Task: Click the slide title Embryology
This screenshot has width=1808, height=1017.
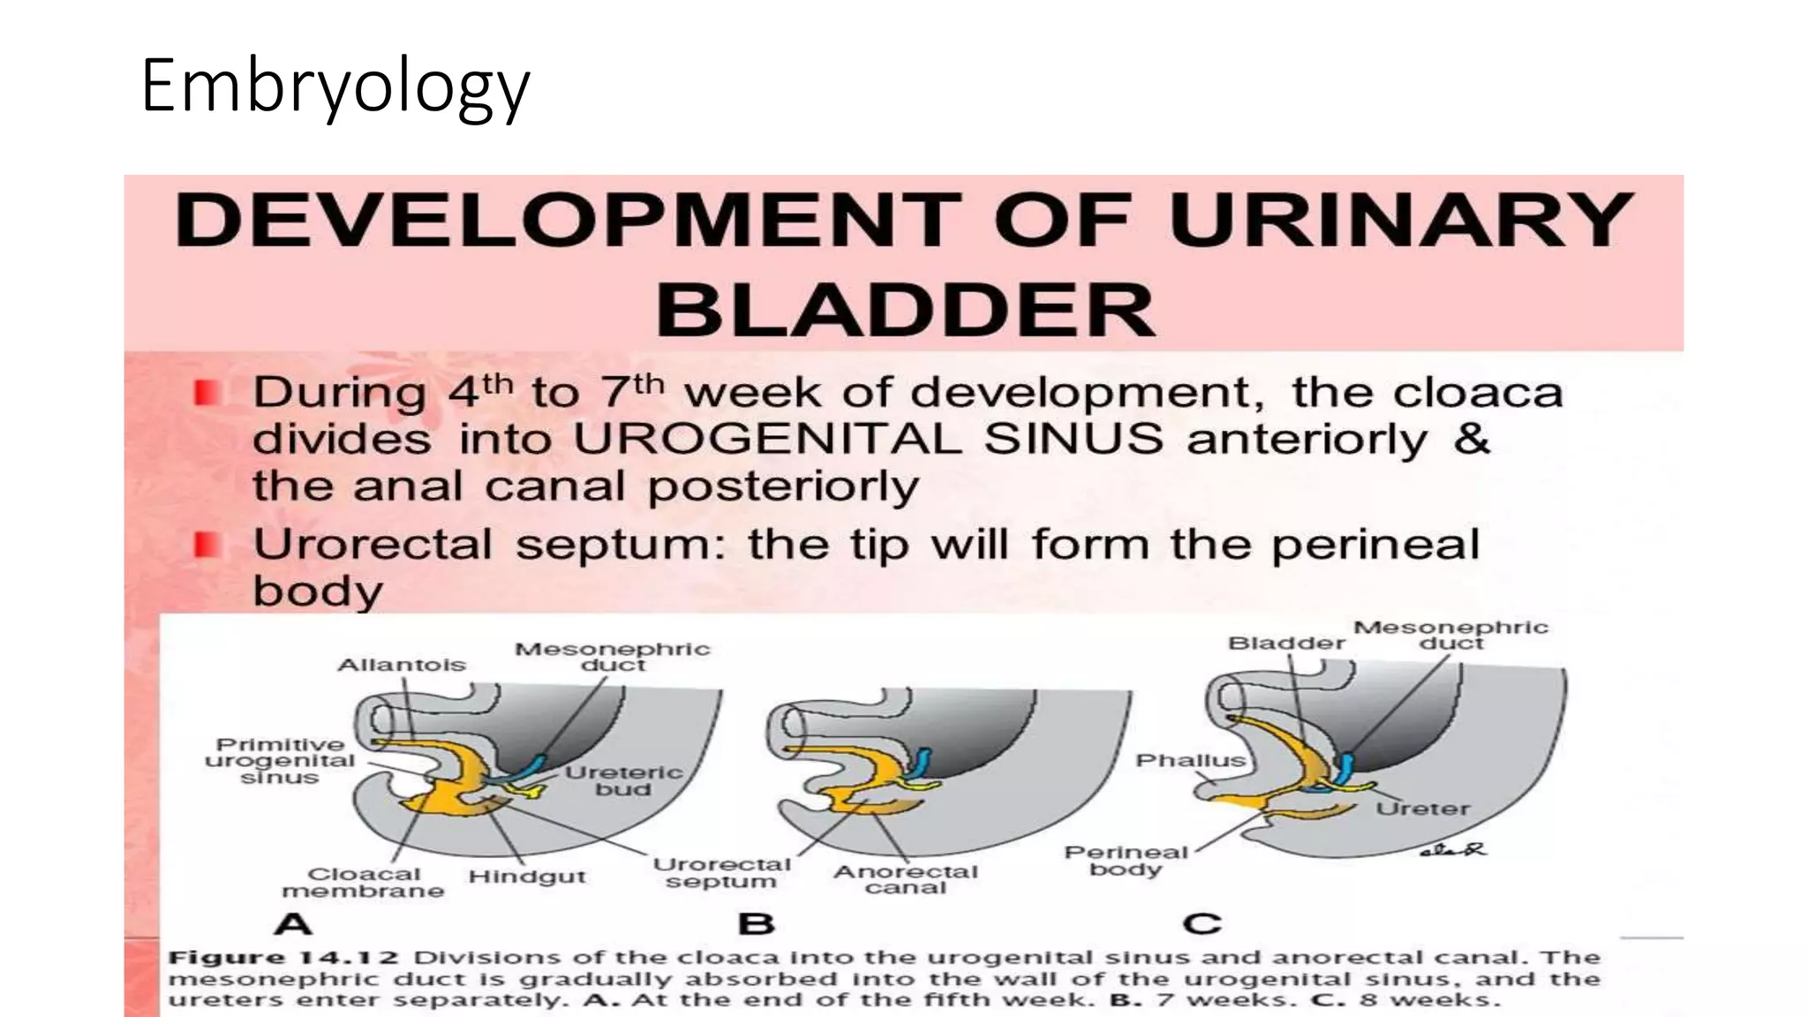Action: [x=335, y=86]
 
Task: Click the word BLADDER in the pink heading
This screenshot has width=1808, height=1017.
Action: [x=904, y=310]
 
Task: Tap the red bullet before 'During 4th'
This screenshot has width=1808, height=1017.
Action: [x=207, y=393]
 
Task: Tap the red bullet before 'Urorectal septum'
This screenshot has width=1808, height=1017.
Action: [x=207, y=545]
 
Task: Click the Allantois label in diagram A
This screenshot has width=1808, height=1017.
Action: [x=402, y=665]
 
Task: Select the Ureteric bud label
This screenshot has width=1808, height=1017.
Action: [x=623, y=780]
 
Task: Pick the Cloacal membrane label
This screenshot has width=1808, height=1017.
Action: [x=363, y=882]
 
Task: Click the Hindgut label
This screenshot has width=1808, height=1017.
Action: [x=527, y=877]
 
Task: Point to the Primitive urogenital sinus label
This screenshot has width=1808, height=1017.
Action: [x=279, y=761]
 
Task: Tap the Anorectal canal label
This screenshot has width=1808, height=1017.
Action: [x=906, y=879]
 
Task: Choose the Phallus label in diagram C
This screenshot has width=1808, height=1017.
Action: [x=1190, y=760]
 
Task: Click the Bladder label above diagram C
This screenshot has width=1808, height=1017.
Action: [x=1286, y=644]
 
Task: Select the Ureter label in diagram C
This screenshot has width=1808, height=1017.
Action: [x=1422, y=809]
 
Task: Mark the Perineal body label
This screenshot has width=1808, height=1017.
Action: [x=1126, y=861]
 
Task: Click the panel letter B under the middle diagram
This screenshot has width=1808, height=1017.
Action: [x=757, y=923]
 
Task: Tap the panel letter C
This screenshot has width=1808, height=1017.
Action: [x=1202, y=923]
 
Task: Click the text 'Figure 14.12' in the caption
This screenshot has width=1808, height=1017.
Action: [x=283, y=958]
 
